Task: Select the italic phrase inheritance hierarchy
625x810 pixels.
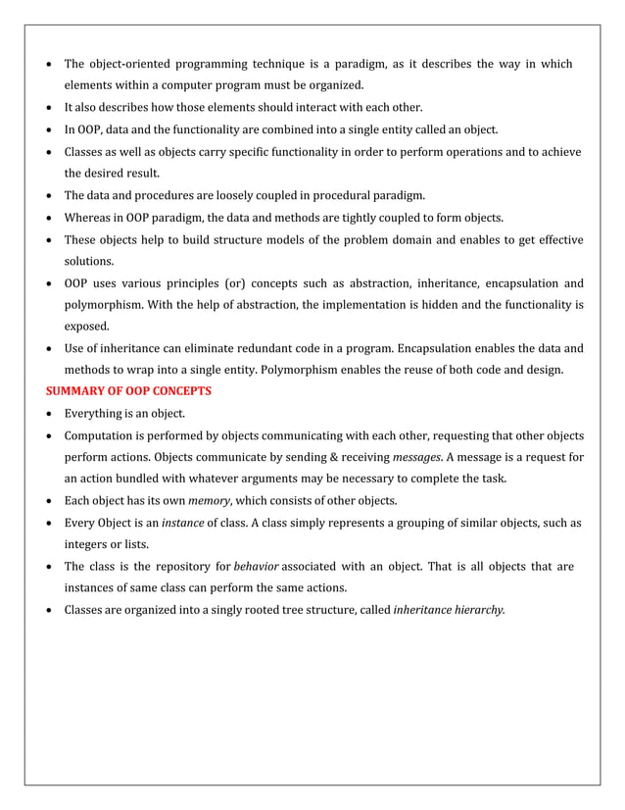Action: point(448,609)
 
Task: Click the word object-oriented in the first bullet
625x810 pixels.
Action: point(137,65)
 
